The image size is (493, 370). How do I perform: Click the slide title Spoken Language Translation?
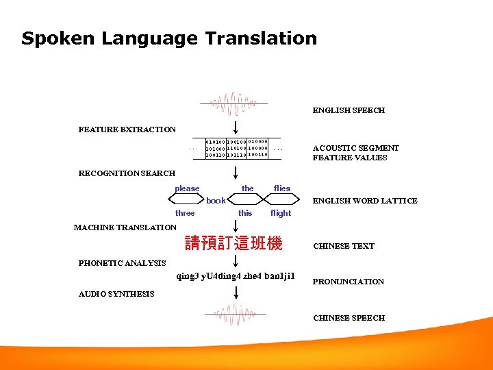pyautogui.click(x=169, y=38)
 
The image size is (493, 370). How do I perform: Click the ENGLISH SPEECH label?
pyautogui.click(x=349, y=110)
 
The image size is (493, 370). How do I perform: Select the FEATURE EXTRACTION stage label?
pyautogui.click(x=127, y=129)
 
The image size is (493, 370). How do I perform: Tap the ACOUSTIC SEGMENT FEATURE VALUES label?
pyautogui.click(x=355, y=153)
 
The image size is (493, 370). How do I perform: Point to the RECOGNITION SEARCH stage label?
pyautogui.click(x=127, y=173)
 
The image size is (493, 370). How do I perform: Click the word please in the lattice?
pyautogui.click(x=187, y=188)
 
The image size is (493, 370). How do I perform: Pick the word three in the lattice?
pyautogui.click(x=185, y=213)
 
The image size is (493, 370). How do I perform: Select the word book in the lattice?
pyautogui.click(x=216, y=201)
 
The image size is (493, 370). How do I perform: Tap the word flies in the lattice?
pyautogui.click(x=282, y=188)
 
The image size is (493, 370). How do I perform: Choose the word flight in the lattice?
pyautogui.click(x=281, y=213)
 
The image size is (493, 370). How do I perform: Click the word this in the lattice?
pyautogui.click(x=245, y=213)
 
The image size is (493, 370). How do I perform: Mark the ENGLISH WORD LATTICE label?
pyautogui.click(x=365, y=201)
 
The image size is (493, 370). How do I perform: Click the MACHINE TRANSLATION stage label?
pyautogui.click(x=125, y=227)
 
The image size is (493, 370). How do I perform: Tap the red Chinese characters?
pyautogui.click(x=233, y=243)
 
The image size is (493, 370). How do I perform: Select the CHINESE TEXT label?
pyautogui.click(x=344, y=246)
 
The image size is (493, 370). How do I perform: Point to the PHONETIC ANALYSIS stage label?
pyautogui.click(x=122, y=263)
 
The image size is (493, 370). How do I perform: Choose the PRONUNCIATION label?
pyautogui.click(x=349, y=282)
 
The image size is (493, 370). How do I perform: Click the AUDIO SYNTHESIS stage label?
pyautogui.click(x=116, y=294)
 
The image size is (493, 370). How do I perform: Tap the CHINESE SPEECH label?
pyautogui.click(x=349, y=318)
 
